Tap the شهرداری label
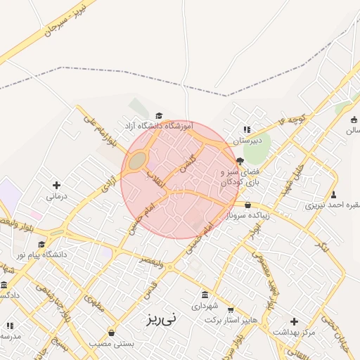(205, 307)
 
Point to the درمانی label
(55, 197)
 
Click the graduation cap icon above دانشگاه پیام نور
(41, 244)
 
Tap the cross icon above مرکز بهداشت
(294, 321)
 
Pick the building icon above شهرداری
(205, 295)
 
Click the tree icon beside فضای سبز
(239, 161)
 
